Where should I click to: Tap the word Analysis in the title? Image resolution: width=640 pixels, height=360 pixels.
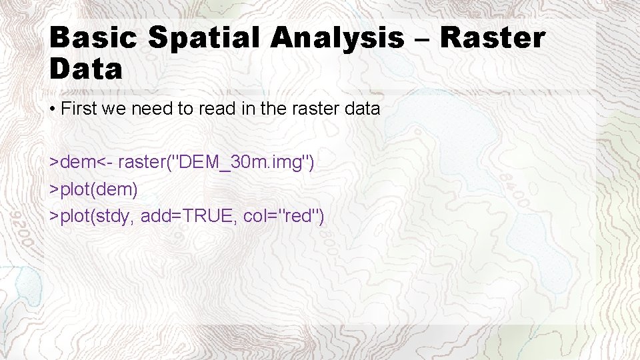pyautogui.click(x=338, y=38)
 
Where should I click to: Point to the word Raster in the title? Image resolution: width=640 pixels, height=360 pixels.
pyautogui.click(x=493, y=38)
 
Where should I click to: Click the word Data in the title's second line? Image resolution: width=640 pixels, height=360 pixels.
pyautogui.click(x=86, y=69)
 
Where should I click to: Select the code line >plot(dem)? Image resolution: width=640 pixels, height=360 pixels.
pyautogui.click(x=94, y=189)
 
